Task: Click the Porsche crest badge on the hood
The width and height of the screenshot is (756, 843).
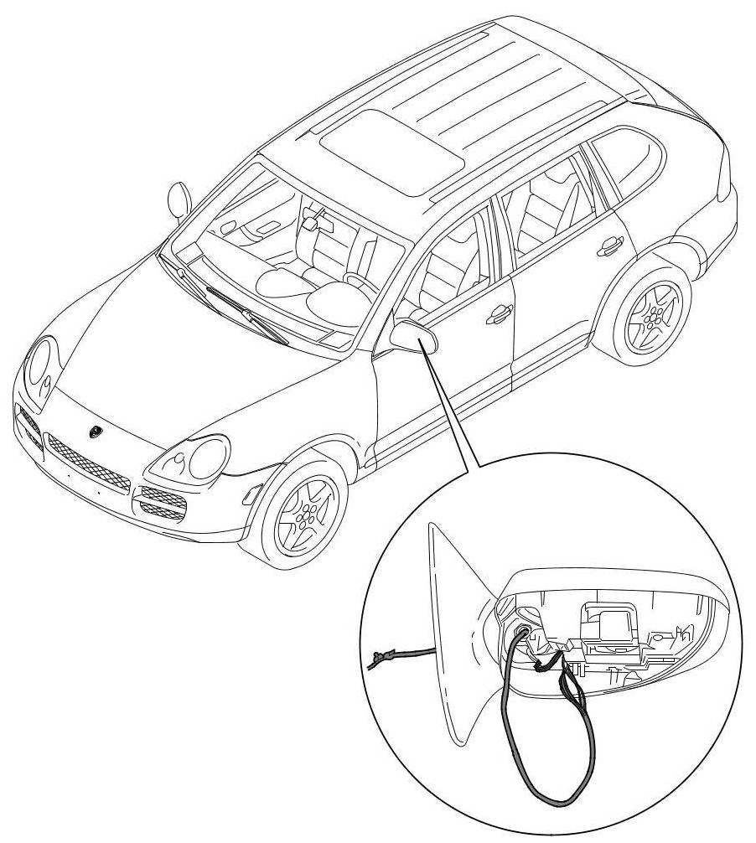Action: [x=95, y=432]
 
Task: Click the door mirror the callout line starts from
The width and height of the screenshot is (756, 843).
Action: [x=417, y=336]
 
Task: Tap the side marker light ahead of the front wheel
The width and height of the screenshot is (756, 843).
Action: [x=249, y=494]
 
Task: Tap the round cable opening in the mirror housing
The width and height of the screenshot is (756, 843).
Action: [x=524, y=634]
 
